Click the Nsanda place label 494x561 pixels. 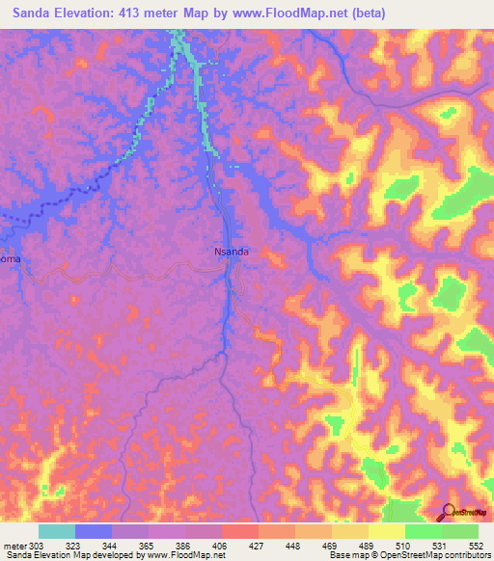(232, 252)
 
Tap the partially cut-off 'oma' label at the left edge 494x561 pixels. (9, 259)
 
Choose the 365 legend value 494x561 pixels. (149, 545)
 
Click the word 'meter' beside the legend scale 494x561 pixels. (14, 545)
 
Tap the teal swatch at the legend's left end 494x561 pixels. (57, 531)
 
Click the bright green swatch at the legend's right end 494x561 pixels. (460, 531)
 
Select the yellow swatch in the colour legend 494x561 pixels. (387, 531)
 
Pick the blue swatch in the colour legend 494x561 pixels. (94, 531)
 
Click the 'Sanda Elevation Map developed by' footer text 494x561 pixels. (68, 555)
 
